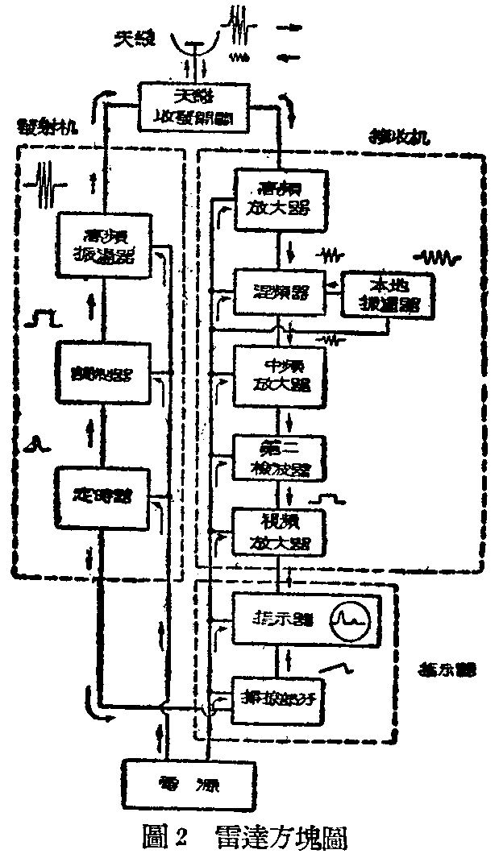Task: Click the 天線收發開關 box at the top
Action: point(190,106)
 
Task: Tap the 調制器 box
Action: point(103,372)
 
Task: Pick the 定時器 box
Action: point(103,494)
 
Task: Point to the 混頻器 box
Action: point(279,288)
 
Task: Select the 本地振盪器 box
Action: point(388,296)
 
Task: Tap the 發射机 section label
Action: point(45,128)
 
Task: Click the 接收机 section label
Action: point(392,137)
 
